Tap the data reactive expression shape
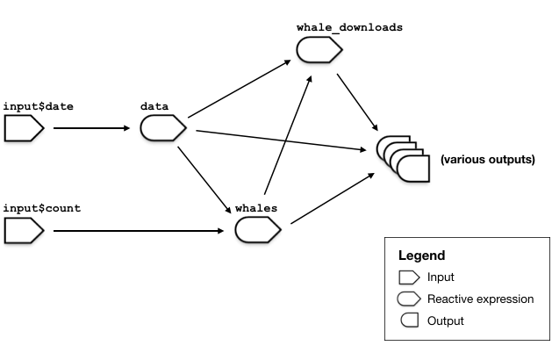(162, 129)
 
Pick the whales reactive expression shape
(257, 230)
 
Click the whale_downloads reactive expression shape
(317, 51)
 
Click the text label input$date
(39, 106)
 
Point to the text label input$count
(42, 208)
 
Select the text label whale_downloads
(349, 27)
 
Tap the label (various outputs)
(487, 160)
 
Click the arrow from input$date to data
(91, 129)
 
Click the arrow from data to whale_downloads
(240, 89)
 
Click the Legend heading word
(421, 256)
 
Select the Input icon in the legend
(410, 277)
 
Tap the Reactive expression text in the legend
(480, 299)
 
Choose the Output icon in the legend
(410, 320)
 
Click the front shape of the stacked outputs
(413, 168)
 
